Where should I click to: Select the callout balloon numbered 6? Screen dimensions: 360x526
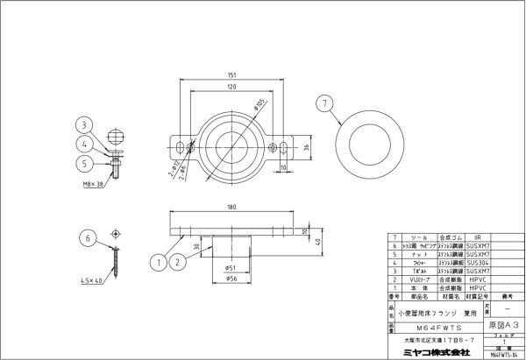tap(86, 236)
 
